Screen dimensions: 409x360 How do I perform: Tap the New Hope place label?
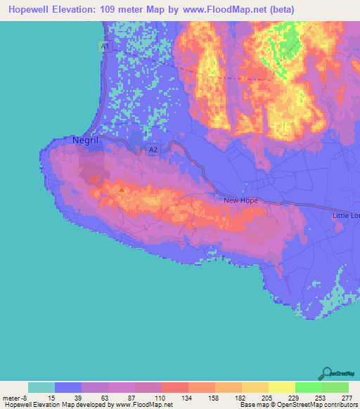(x=240, y=200)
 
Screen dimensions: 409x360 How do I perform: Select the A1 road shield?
(x=104, y=46)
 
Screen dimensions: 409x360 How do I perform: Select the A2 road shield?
(x=153, y=150)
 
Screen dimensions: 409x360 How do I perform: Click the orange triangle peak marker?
(x=122, y=188)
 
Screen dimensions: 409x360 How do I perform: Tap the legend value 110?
(x=161, y=398)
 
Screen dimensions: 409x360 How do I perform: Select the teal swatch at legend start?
(x=41, y=387)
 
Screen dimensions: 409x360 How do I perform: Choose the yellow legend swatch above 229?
(x=281, y=387)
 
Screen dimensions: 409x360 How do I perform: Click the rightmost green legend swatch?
(x=335, y=387)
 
